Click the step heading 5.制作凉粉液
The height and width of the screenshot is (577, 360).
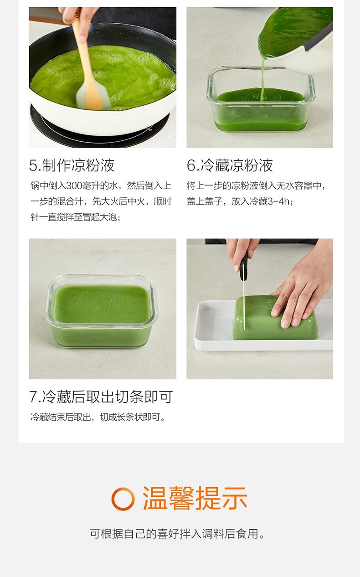pyautogui.click(x=72, y=165)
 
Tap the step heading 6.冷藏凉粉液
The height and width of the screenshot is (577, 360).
pyautogui.click(x=230, y=165)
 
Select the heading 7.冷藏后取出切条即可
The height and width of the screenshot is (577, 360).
pyautogui.click(x=101, y=397)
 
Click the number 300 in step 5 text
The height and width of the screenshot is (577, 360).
pyautogui.click(x=74, y=185)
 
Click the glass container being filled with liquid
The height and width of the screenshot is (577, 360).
pyautogui.click(x=261, y=99)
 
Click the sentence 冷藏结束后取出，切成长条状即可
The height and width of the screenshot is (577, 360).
pyautogui.click(x=98, y=417)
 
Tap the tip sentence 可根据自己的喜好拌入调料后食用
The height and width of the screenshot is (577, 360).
pyautogui.click(x=177, y=534)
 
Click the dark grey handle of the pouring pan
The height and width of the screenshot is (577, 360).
pyautogui.click(x=319, y=37)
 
